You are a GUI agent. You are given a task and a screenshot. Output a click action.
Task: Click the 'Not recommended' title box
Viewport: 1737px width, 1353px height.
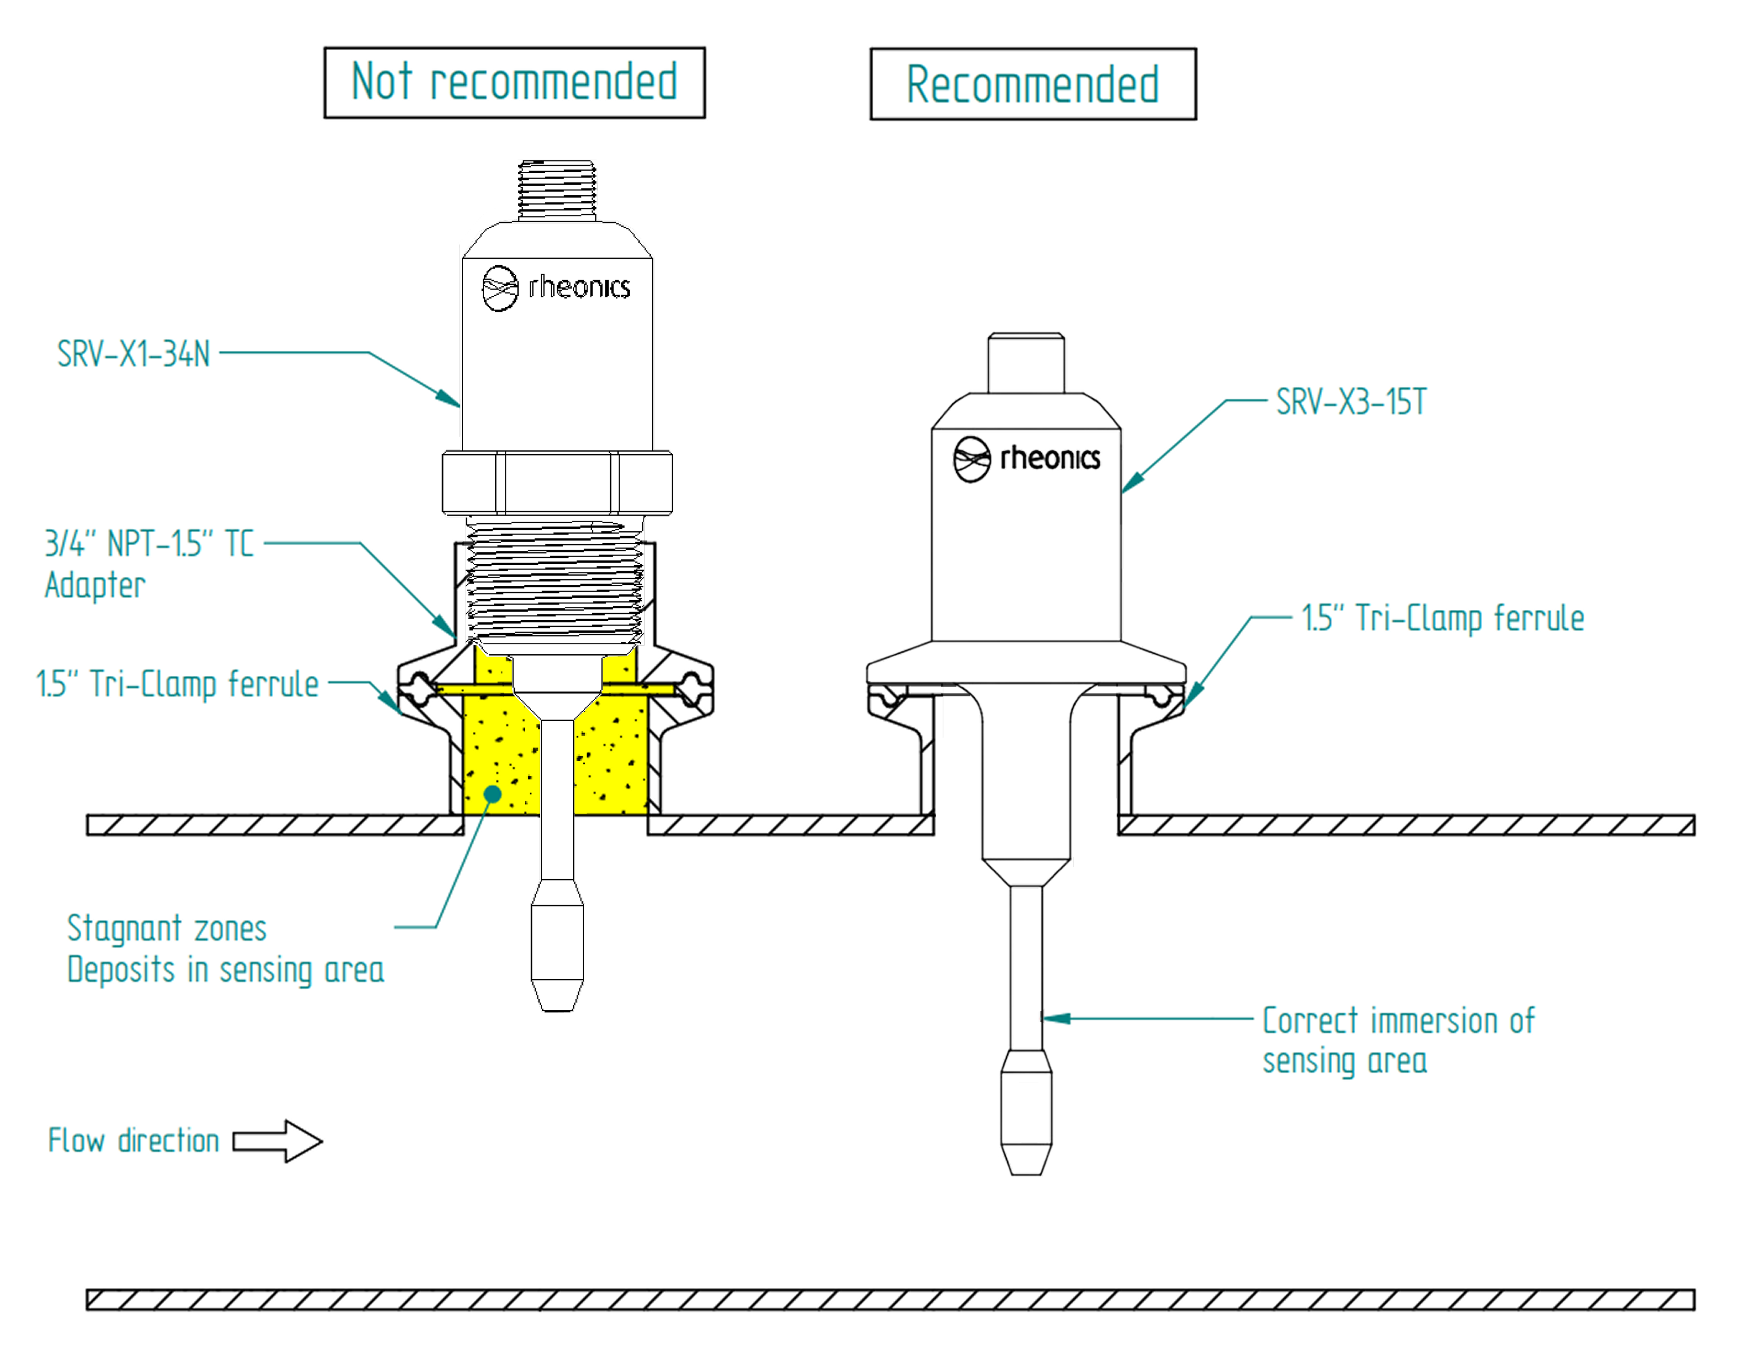(514, 83)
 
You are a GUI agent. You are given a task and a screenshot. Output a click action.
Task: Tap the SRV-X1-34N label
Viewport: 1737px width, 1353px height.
(134, 354)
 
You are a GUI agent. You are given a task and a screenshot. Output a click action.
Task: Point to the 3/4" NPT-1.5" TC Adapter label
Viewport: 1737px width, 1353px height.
(149, 564)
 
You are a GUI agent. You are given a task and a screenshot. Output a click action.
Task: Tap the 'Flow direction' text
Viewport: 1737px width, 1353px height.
(133, 1141)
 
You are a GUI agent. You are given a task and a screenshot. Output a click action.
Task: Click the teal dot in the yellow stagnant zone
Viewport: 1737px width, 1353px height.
(493, 793)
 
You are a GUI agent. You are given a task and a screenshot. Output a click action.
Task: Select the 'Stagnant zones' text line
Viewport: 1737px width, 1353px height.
(167, 928)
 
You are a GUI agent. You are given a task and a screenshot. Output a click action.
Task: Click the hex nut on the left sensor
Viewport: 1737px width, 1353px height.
(557, 483)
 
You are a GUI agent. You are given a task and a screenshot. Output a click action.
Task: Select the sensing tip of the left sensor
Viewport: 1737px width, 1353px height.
(557, 954)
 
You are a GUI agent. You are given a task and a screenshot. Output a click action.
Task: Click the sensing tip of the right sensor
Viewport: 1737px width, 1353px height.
(1026, 1114)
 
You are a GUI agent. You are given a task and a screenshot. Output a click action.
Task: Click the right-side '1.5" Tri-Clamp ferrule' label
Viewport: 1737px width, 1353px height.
(1442, 618)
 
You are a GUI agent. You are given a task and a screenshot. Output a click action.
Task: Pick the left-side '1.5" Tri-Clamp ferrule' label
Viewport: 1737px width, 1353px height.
(178, 684)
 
